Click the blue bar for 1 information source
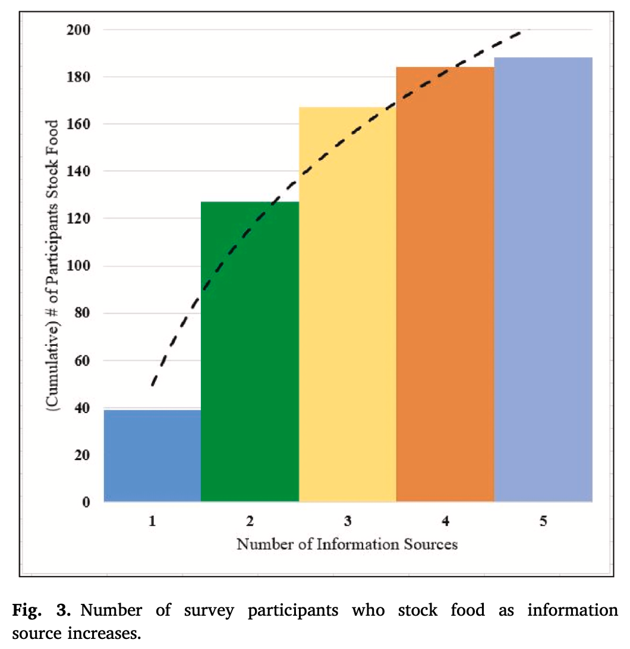tap(152, 455)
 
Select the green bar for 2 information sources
tap(250, 351)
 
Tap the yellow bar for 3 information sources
tap(348, 304)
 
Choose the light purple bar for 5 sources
tap(543, 279)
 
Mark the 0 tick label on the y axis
tap(86, 502)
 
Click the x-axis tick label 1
tap(152, 521)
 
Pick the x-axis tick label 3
tap(348, 521)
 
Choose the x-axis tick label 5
tap(543, 521)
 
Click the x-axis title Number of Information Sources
tap(347, 544)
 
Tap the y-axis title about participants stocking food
tap(52, 266)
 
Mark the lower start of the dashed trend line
tap(153, 385)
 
